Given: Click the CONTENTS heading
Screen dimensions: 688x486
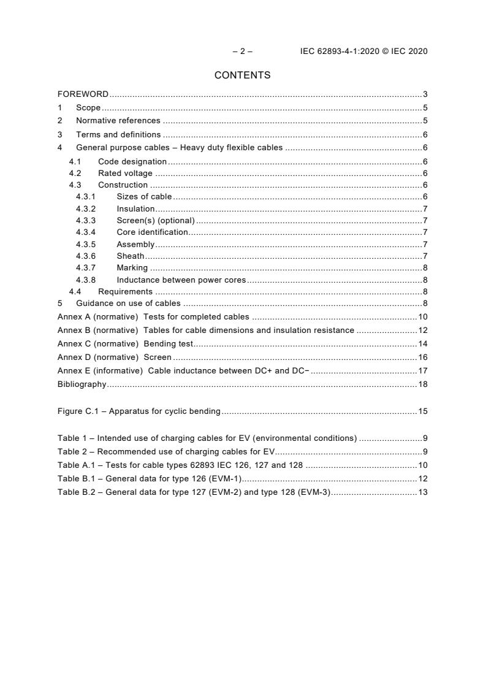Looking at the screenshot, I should click(x=242, y=75).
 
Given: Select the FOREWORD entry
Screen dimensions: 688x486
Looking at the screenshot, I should click(x=83, y=94).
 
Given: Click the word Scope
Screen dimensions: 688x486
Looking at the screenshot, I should click(x=88, y=108).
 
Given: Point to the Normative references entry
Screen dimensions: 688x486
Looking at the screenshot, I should click(x=118, y=121).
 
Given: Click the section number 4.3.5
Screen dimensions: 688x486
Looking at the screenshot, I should click(x=86, y=244).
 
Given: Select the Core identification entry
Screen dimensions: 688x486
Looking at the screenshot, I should click(x=152, y=232).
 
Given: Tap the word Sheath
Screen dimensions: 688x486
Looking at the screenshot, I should click(x=131, y=256).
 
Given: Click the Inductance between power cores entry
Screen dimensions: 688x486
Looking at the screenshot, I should click(x=181, y=280).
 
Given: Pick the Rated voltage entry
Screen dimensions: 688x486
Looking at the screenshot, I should click(x=125, y=174).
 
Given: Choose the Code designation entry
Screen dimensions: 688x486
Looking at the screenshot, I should click(x=132, y=161).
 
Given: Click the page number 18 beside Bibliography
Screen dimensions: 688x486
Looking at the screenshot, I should click(x=422, y=384).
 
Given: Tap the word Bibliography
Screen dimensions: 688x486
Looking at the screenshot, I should click(x=82, y=384).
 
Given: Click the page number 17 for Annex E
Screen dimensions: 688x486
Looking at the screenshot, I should click(x=422, y=371).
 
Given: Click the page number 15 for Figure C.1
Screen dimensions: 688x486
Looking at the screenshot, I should click(x=422, y=411).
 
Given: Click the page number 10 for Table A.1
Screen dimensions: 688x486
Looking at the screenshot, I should click(x=422, y=465).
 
